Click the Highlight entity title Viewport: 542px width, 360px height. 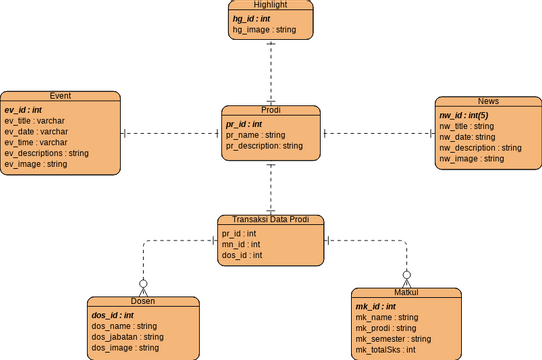[270, 5]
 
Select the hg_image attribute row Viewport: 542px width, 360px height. [264, 30]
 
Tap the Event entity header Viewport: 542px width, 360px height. [59, 96]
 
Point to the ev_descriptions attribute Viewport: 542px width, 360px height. [46, 153]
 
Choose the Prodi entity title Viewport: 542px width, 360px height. [270, 110]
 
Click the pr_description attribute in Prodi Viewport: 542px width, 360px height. [264, 146]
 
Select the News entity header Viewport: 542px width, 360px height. [488, 102]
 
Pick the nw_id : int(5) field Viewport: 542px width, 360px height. [472, 116]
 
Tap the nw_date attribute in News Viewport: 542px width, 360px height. [467, 137]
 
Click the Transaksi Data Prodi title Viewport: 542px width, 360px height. [270, 219]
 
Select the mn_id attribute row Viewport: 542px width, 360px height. [241, 244]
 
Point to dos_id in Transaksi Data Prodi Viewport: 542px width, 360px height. [242, 255]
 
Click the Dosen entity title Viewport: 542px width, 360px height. [142, 301]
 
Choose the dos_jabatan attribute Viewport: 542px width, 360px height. [127, 337]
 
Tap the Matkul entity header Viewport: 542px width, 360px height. [406, 293]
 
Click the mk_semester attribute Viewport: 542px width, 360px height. [393, 339]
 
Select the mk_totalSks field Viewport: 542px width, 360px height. [386, 350]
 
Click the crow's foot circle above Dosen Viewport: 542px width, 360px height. [143, 283]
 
